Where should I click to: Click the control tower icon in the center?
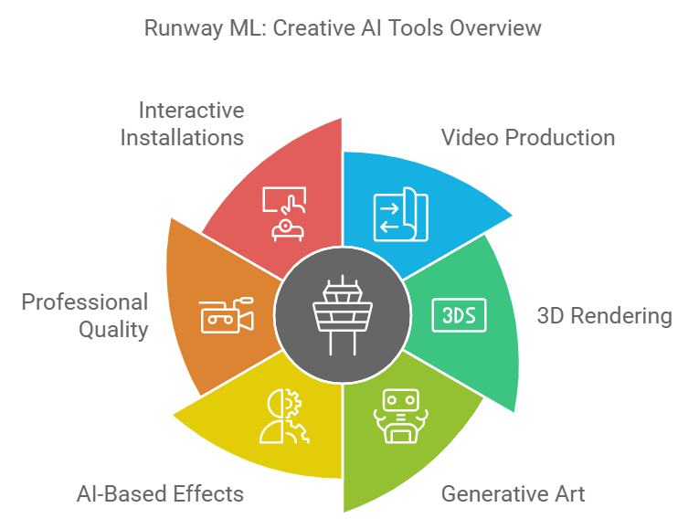click(x=343, y=316)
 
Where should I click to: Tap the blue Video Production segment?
click(x=429, y=210)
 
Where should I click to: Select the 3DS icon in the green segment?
click(x=459, y=316)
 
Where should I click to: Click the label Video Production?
click(x=528, y=139)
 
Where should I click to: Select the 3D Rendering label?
click(x=604, y=316)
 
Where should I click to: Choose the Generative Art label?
click(x=513, y=494)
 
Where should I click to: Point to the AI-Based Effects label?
click(x=162, y=494)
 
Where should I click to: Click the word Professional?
click(x=85, y=302)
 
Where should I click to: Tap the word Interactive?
click(x=192, y=111)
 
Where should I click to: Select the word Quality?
click(x=113, y=329)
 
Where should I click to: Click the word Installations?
click(x=184, y=139)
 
